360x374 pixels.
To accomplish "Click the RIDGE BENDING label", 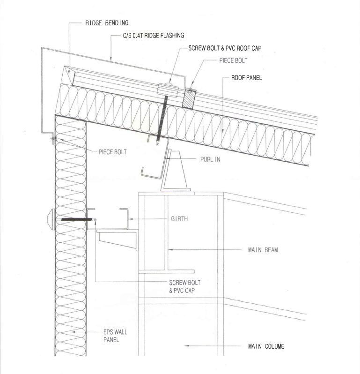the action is tap(107, 23).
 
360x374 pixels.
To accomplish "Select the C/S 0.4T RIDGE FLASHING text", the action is tap(154, 36).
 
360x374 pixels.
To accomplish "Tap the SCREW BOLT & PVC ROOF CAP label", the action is tap(225, 48).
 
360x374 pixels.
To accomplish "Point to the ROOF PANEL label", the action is tap(246, 78).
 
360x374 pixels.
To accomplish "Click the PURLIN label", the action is tap(210, 159).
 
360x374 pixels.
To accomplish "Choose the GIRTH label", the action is tap(179, 219).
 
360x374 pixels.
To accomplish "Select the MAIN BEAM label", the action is tap(263, 250).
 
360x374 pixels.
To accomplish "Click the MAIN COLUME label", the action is tap(266, 346).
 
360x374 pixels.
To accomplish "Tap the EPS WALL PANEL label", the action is tap(115, 336).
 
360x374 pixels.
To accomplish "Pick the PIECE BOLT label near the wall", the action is tap(112, 152).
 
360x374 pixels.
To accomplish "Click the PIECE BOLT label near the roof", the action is tap(233, 60).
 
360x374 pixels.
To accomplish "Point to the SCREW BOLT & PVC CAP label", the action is tap(184, 286).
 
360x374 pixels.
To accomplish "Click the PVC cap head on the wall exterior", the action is tap(51, 219).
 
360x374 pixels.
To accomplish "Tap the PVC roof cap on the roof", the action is tap(168, 90).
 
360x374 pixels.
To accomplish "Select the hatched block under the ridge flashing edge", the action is tap(189, 99).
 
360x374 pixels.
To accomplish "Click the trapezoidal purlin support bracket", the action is tap(176, 171).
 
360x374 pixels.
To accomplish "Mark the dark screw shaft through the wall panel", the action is tap(77, 219).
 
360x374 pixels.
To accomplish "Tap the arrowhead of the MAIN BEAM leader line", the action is tap(170, 250).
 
